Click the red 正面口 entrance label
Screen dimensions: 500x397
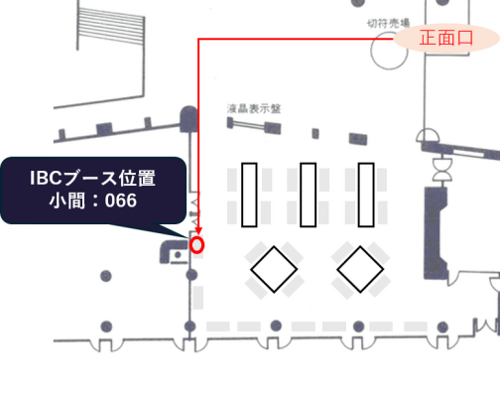pyautogui.click(x=446, y=38)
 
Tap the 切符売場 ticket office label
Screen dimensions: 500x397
pyautogui.click(x=389, y=23)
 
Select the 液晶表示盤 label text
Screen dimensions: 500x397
pyautogui.click(x=254, y=108)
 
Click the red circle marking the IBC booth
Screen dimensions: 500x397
pyautogui.click(x=197, y=245)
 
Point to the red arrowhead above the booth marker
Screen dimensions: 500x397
pyautogui.click(x=198, y=230)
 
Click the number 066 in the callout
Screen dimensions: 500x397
pyautogui.click(x=121, y=200)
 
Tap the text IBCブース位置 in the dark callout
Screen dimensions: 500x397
pyautogui.click(x=92, y=178)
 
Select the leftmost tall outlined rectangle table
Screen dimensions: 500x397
pyautogui.click(x=249, y=195)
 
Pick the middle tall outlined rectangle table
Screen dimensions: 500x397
pyautogui.click(x=308, y=195)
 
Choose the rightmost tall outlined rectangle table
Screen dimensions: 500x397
pyautogui.click(x=366, y=195)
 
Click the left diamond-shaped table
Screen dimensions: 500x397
pyautogui.click(x=274, y=269)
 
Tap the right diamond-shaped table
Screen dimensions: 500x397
pyautogui.click(x=360, y=269)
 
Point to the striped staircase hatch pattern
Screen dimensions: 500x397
pyautogui.click(x=111, y=27)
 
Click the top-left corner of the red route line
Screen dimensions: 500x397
pyautogui.click(x=198, y=39)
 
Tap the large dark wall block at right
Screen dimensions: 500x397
pyautogui.click(x=436, y=231)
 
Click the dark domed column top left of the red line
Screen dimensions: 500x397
pyautogui.click(x=188, y=119)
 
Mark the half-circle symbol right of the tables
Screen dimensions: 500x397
pyautogui.click(x=428, y=135)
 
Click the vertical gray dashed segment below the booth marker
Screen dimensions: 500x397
pyautogui.click(x=198, y=298)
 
